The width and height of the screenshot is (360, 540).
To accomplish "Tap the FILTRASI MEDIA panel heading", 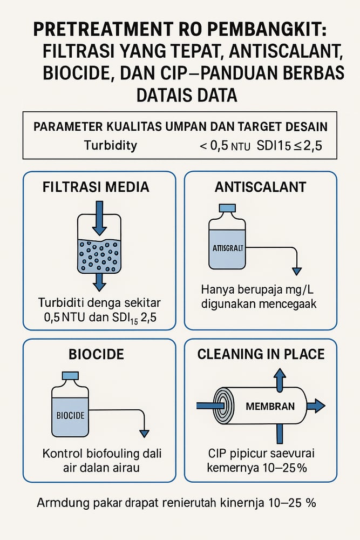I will click(96, 187).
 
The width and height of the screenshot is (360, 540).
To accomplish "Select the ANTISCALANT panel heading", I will click(260, 187).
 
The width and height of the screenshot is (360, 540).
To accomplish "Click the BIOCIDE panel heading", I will click(97, 354).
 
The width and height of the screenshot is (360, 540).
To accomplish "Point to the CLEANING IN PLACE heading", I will click(261, 354).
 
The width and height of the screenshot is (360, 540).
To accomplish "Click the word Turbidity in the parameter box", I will click(111, 145).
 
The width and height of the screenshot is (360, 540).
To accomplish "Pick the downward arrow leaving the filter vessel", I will click(99, 281).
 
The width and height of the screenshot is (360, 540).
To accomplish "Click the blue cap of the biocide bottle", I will click(71, 376).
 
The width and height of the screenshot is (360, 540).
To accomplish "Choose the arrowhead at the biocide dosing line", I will click(144, 433).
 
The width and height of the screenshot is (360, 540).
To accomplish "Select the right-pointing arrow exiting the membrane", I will click(315, 405).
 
